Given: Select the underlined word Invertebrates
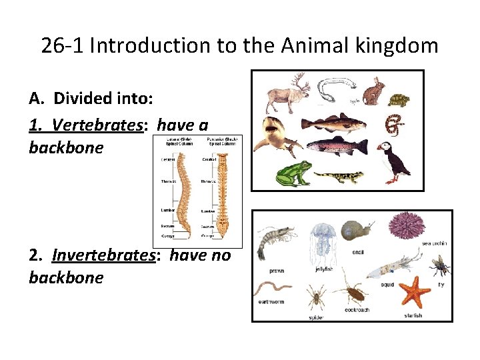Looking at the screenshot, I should [103, 255].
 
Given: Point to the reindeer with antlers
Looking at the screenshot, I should [282, 94].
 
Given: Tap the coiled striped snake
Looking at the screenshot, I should [395, 123].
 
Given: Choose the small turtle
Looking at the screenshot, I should [399, 100].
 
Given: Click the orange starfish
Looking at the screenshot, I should [416, 291].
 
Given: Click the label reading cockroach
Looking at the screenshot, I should [357, 310].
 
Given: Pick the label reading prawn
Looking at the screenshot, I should [277, 271].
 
